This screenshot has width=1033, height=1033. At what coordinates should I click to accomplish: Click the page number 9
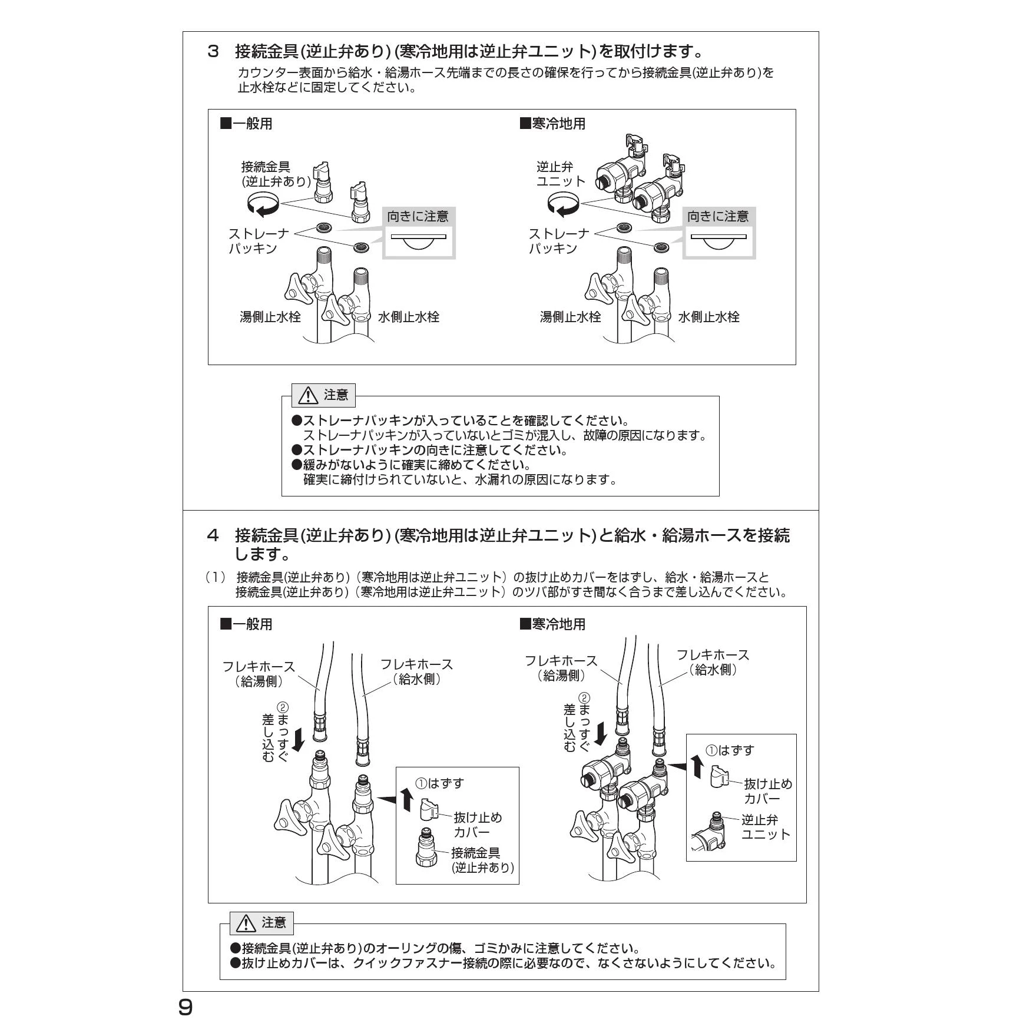186,1008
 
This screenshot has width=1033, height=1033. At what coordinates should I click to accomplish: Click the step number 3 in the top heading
213,52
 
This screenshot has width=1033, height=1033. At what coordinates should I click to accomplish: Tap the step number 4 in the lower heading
213,535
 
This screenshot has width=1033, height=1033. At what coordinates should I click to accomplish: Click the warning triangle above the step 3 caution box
307,395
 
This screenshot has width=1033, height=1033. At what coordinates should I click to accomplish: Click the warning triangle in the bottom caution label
246,923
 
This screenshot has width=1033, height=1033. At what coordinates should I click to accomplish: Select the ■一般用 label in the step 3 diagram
246,124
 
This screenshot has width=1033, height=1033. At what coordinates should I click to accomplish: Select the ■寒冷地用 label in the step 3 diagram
552,124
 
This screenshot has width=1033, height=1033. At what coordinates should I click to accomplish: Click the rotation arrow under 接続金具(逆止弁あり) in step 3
262,204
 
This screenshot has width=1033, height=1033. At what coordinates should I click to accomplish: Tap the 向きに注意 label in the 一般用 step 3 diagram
418,217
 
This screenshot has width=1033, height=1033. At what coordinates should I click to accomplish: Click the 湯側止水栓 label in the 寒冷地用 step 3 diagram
570,317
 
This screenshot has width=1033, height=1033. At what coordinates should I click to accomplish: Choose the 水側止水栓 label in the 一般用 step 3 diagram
408,317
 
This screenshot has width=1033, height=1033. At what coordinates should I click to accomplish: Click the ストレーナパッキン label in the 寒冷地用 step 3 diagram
558,241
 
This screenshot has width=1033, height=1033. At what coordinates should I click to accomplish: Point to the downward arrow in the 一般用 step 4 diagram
299,740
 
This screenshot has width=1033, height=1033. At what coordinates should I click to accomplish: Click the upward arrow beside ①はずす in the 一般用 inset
406,799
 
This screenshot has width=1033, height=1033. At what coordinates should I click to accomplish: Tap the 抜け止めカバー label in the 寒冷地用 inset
768,791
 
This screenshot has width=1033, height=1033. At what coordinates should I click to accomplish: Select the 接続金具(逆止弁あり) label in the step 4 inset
482,860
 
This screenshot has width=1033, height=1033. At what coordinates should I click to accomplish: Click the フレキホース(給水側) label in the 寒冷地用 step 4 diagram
713,662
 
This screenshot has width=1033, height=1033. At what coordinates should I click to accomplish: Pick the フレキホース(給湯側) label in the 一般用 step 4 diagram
259,674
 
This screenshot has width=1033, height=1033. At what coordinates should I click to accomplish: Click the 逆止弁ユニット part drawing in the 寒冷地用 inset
710,830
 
